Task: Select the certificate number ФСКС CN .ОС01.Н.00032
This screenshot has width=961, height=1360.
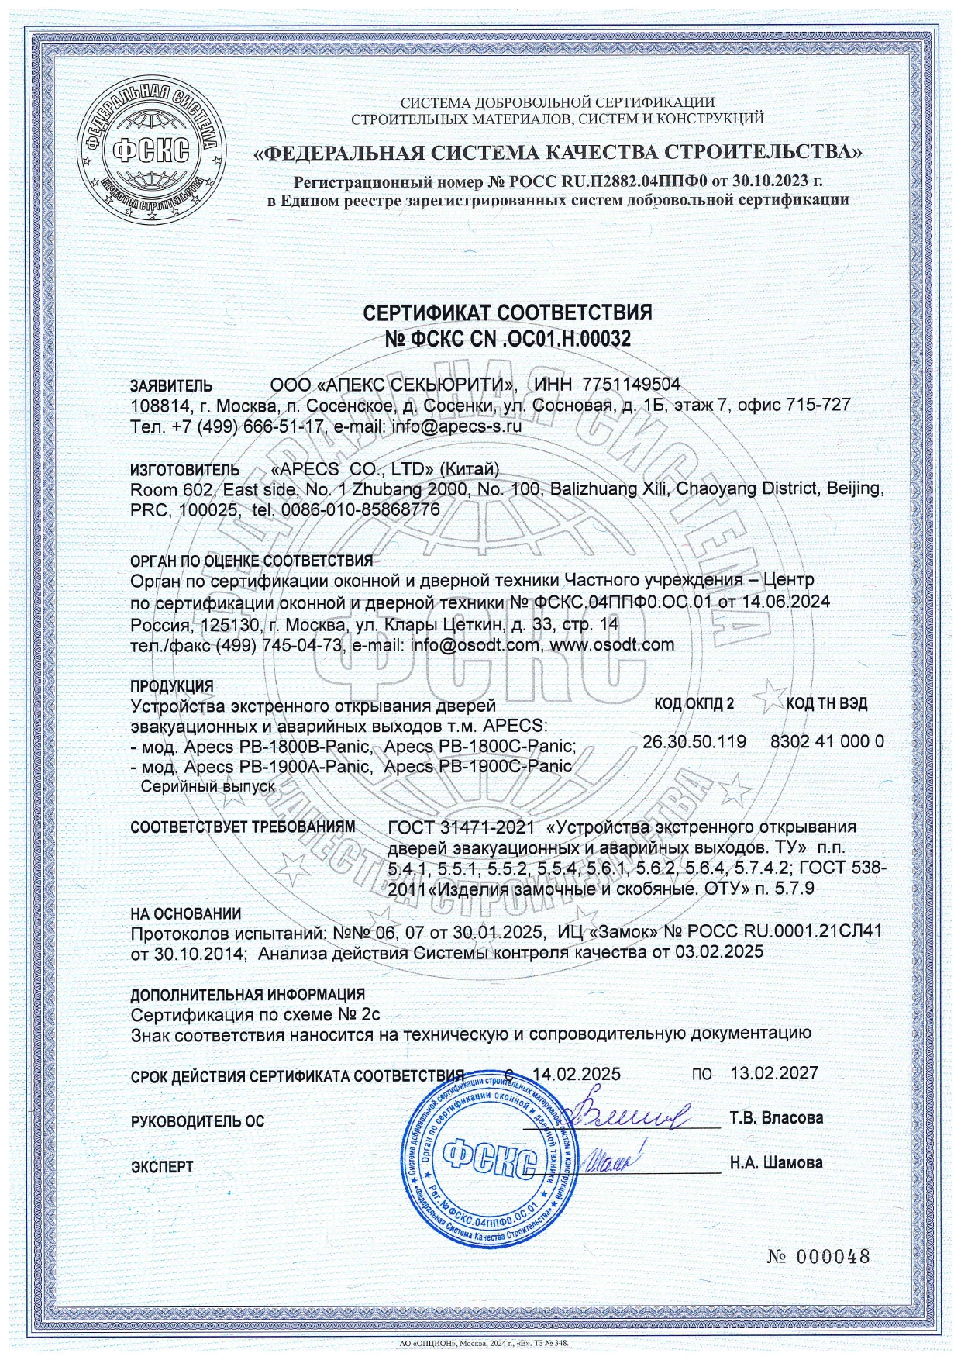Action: pyautogui.click(x=508, y=338)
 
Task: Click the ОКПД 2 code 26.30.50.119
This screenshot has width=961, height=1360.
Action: pyautogui.click(x=694, y=742)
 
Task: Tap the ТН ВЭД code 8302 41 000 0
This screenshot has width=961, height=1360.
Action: pyautogui.click(x=827, y=742)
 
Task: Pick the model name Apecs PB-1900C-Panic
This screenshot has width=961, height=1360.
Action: pyautogui.click(x=478, y=766)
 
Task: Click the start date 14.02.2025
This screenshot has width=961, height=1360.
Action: pyautogui.click(x=577, y=1074)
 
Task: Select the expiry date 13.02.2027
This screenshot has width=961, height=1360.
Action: pyautogui.click(x=774, y=1074)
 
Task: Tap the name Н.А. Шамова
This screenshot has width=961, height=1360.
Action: pyautogui.click(x=776, y=1163)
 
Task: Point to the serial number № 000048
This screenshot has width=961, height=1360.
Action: pyautogui.click(x=818, y=1257)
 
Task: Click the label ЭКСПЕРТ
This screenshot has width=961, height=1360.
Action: pyautogui.click(x=162, y=1166)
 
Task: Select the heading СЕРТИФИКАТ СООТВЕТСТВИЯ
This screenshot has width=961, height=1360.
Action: pyautogui.click(x=508, y=312)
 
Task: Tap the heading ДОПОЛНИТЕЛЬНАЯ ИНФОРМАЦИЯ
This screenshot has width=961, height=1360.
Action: pyautogui.click(x=247, y=994)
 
